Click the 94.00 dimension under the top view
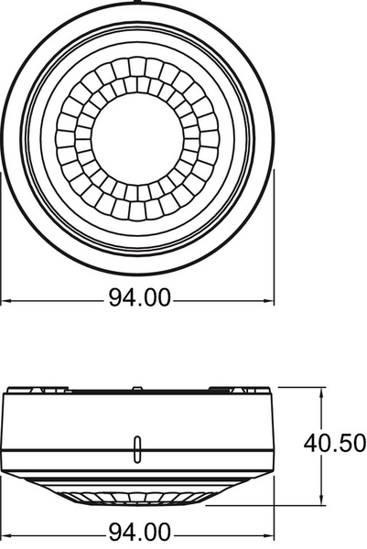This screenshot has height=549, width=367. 140,298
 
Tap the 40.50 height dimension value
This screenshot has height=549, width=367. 334,443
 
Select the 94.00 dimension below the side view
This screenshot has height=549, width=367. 140,533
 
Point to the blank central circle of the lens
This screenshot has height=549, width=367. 137,139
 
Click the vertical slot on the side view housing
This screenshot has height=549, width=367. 137,449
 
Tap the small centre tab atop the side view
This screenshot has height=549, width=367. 137,388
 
